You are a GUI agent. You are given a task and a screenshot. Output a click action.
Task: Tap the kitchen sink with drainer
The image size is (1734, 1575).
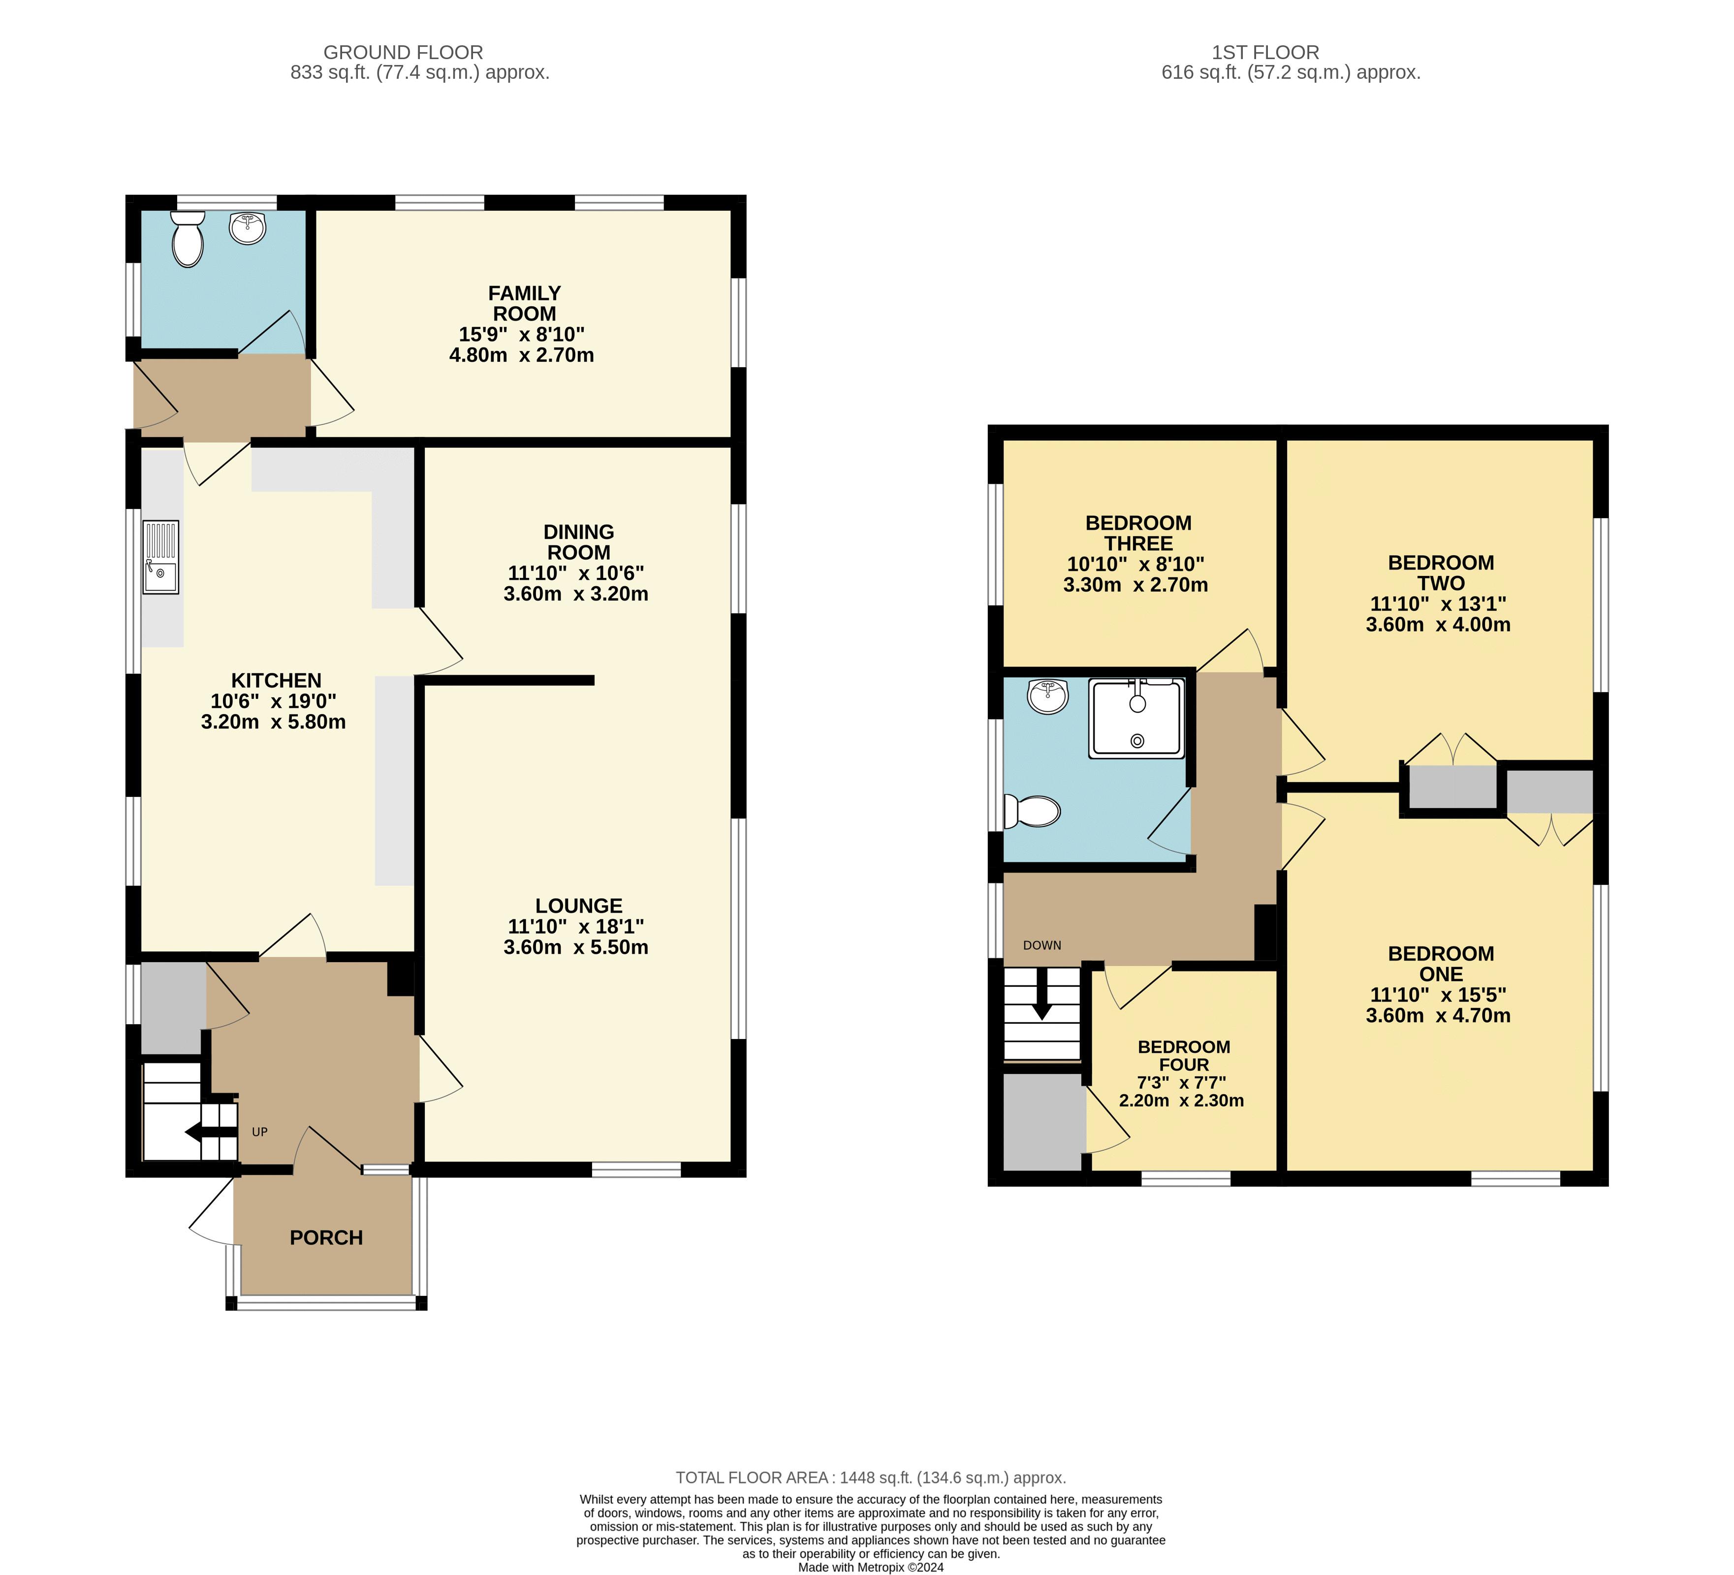pos(161,557)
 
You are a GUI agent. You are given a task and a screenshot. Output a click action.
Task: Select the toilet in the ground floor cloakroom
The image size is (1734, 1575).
pos(188,238)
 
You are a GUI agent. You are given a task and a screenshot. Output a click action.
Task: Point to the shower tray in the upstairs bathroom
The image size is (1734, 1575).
pos(1137,718)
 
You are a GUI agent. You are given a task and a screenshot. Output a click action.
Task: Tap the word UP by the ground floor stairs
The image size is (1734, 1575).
pos(260,1132)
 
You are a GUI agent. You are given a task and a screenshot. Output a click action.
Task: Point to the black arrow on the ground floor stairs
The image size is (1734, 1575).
pos(210,1133)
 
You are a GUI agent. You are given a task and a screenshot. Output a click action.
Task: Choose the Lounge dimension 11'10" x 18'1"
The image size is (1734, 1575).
pos(575,926)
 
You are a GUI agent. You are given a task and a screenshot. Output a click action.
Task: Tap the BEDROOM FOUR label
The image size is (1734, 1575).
pos(1184,1055)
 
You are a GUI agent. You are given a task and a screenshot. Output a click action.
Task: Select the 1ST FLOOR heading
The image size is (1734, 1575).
pos(1265,53)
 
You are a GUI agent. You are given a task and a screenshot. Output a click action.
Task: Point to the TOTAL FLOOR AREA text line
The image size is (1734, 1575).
pos(870,1478)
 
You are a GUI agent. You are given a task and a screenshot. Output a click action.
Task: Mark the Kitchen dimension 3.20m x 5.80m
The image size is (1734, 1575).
pos(274,722)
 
